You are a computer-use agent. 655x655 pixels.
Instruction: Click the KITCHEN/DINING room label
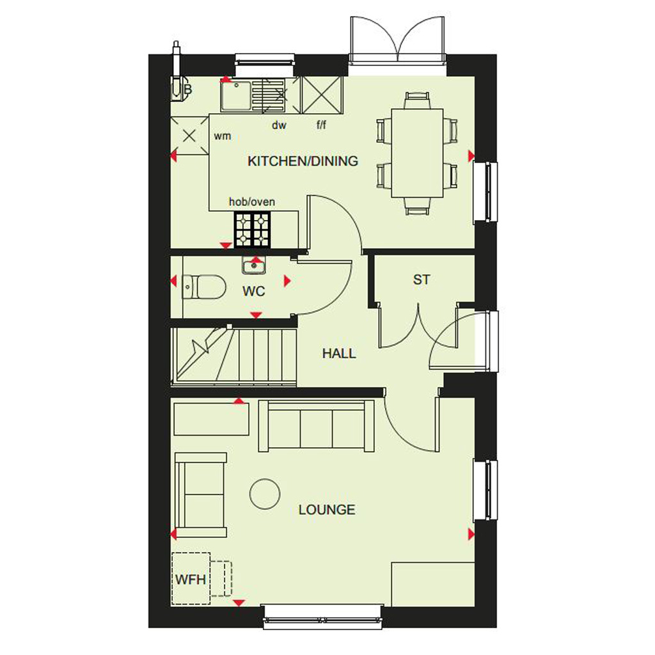(303, 161)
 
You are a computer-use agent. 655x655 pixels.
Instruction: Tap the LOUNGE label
(327, 510)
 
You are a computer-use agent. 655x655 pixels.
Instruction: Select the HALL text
(339, 354)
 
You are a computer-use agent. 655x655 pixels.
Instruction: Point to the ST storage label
(421, 280)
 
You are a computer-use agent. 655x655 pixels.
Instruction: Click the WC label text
(253, 291)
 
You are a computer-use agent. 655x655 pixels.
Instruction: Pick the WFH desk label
(191, 580)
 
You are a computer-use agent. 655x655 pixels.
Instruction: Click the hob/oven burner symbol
(252, 230)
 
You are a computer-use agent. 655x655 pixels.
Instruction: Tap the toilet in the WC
(204, 287)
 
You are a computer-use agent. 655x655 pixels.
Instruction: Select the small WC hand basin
(253, 265)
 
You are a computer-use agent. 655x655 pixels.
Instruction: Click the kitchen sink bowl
(237, 96)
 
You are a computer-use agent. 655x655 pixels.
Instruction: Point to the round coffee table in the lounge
(265, 494)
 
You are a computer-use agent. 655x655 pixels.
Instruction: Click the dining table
(417, 153)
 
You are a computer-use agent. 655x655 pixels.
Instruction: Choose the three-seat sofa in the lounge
(316, 425)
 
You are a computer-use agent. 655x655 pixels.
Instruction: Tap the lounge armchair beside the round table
(201, 494)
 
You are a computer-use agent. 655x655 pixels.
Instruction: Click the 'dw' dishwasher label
(279, 125)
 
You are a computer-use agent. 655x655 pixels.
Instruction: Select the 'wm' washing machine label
(222, 136)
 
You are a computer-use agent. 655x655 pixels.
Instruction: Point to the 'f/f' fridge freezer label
(321, 125)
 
